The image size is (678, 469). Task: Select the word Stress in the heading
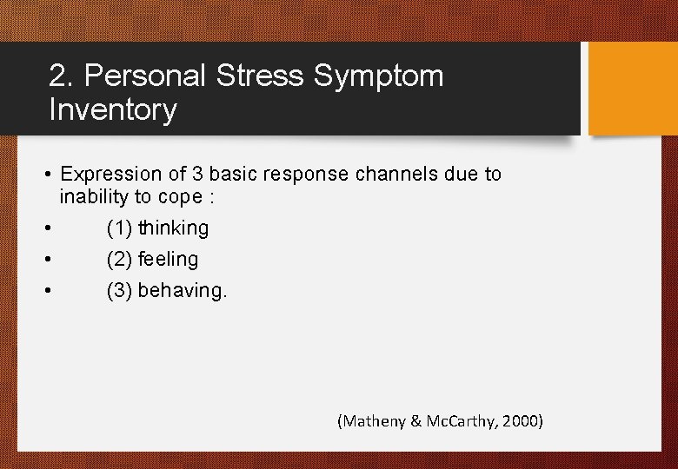tap(260, 76)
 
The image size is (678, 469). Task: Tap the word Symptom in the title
tap(378, 76)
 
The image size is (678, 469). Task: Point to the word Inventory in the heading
tap(113, 110)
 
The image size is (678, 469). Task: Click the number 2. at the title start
tap(62, 76)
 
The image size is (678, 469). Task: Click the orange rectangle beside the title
tap(633, 89)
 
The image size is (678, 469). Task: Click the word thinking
tap(173, 228)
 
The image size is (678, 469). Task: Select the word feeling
tap(168, 260)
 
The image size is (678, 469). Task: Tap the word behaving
tap(182, 291)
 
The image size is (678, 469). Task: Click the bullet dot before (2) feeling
tap(49, 260)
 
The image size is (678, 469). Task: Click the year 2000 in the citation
tap(522, 422)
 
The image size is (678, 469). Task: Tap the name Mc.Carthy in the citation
tap(456, 422)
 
